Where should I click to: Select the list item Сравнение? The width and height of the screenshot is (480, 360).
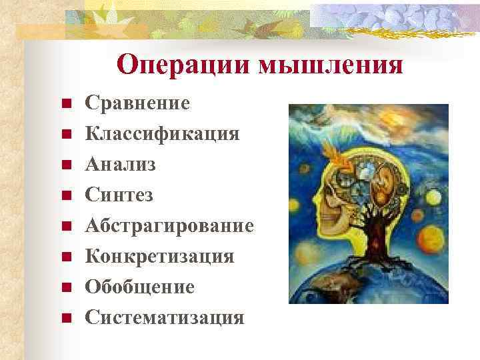pyautogui.click(x=137, y=103)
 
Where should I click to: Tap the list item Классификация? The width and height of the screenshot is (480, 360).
pyautogui.click(x=162, y=134)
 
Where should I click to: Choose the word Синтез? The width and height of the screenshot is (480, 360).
pyautogui.click(x=119, y=195)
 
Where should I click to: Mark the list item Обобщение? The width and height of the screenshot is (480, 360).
pyautogui.click(x=139, y=287)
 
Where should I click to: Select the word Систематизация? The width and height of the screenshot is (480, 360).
pyautogui.click(x=164, y=318)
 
